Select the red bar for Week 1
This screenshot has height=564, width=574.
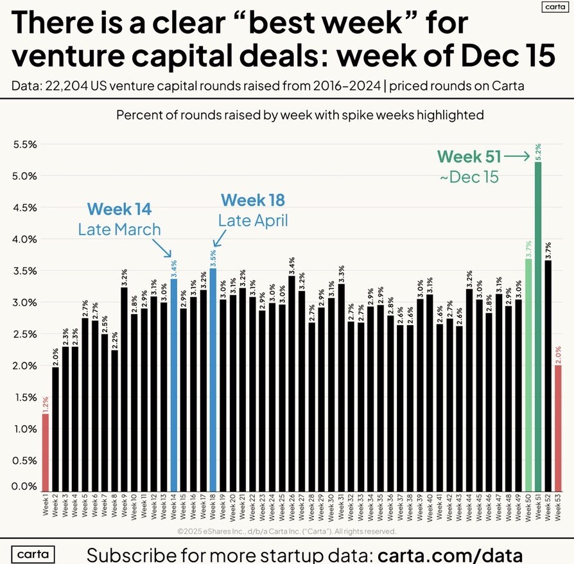click(46, 450)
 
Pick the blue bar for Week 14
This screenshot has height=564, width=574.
click(174, 382)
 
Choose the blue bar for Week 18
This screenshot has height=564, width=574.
click(213, 379)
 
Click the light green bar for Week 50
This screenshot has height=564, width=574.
click(528, 373)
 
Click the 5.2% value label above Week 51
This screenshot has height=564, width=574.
click(538, 151)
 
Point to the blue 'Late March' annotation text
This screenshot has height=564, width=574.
click(119, 229)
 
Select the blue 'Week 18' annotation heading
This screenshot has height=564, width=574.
click(252, 200)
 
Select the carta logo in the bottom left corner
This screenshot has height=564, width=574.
click(33, 554)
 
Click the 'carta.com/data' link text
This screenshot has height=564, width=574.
click(451, 554)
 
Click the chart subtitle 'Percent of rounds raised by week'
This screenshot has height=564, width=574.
click(299, 116)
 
